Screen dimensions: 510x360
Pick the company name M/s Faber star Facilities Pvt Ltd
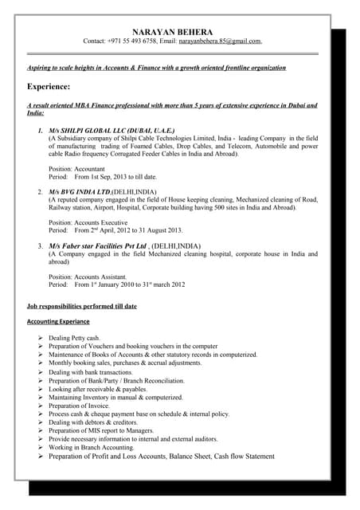tap(98, 245)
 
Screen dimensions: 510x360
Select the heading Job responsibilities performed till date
tap(82, 306)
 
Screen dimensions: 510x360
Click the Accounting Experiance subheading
tap(58, 321)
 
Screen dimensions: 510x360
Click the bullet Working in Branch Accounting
tap(91, 448)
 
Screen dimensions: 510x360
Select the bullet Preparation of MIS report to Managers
tap(107, 431)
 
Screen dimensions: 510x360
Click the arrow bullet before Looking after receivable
tap(40, 389)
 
